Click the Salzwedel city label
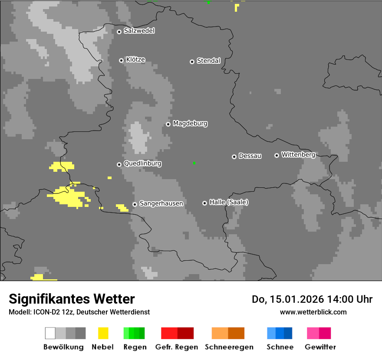[139, 31]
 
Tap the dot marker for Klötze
[121, 60]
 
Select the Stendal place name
[208, 61]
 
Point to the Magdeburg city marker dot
[168, 124]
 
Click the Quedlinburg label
[142, 164]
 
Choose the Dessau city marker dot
[234, 157]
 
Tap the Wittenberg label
[298, 154]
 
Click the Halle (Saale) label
[229, 202]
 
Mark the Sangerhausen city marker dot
[135, 204]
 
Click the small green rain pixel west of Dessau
[194, 163]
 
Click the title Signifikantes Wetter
[72, 299]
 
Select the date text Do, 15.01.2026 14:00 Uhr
[312, 299]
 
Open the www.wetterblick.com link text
[313, 312]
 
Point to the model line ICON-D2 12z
[79, 312]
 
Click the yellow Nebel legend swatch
[103, 333]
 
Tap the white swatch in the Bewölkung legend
[50, 333]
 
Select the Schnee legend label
[280, 347]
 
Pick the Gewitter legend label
[320, 347]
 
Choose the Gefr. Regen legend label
[177, 347]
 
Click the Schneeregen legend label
[229, 347]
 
